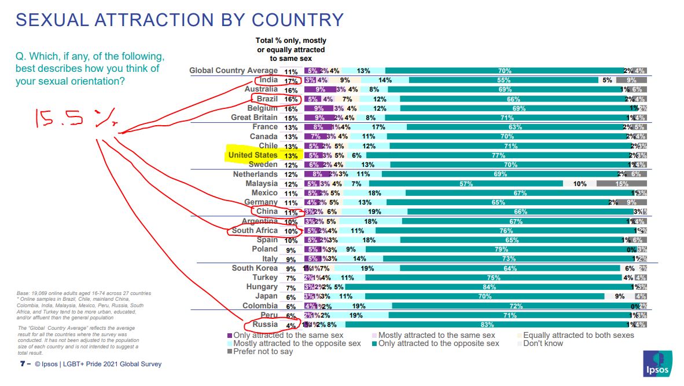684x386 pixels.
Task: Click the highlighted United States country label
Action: pyautogui.click(x=253, y=155)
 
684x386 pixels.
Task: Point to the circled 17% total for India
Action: pyautogui.click(x=290, y=80)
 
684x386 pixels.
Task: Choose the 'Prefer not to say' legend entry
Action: pyautogui.click(x=263, y=351)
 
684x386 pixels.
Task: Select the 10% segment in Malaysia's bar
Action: pyautogui.click(x=579, y=184)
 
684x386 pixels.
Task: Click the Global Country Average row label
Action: pyautogui.click(x=234, y=71)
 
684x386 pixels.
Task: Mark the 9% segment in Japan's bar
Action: pyautogui.click(x=619, y=296)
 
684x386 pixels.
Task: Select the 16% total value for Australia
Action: pyautogui.click(x=290, y=90)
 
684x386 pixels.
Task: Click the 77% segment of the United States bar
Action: pyautogui.click(x=497, y=155)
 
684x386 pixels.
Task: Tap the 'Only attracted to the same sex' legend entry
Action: pyautogui.click(x=288, y=335)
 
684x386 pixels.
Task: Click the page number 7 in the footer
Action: pyautogui.click(x=21, y=364)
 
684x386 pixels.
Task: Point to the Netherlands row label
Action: pyautogui.click(x=255, y=174)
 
